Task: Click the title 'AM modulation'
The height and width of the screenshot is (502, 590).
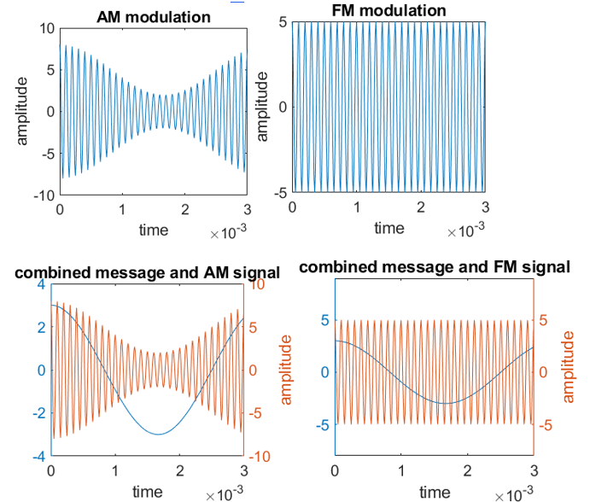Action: click(x=154, y=17)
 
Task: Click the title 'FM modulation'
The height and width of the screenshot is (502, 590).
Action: click(x=388, y=10)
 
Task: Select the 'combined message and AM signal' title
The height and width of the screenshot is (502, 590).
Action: click(x=147, y=273)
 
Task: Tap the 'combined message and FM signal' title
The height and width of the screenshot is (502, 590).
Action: click(x=434, y=267)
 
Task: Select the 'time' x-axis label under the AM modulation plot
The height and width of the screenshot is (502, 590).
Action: click(x=154, y=230)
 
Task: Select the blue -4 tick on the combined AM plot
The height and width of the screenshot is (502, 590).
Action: click(x=37, y=456)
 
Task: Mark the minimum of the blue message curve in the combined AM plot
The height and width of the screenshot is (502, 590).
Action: click(x=159, y=434)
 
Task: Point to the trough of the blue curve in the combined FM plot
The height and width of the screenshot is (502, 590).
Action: click(x=445, y=403)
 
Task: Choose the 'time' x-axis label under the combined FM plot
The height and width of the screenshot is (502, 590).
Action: click(x=434, y=492)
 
